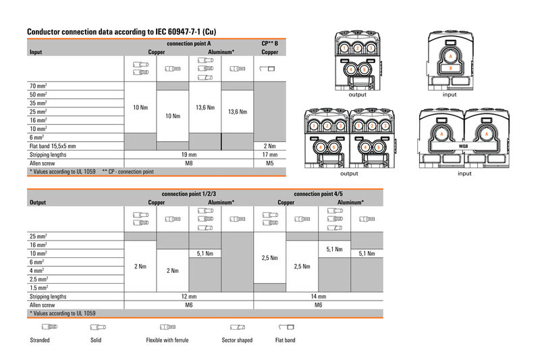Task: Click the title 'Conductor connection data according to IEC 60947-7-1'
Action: pos(122,32)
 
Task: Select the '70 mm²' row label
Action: pos(38,86)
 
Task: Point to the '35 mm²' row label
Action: pos(38,103)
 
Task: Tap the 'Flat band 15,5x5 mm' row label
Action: pos(53,145)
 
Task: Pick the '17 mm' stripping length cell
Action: pos(269,154)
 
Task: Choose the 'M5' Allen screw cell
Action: pos(269,163)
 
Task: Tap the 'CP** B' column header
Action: pos(269,43)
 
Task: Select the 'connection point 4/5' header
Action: pos(318,193)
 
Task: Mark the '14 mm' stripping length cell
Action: pos(318,297)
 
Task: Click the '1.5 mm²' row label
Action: pos(38,288)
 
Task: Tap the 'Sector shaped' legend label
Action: pos(237,340)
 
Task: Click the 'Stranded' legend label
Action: pos(40,340)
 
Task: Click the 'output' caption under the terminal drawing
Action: pos(357,95)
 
